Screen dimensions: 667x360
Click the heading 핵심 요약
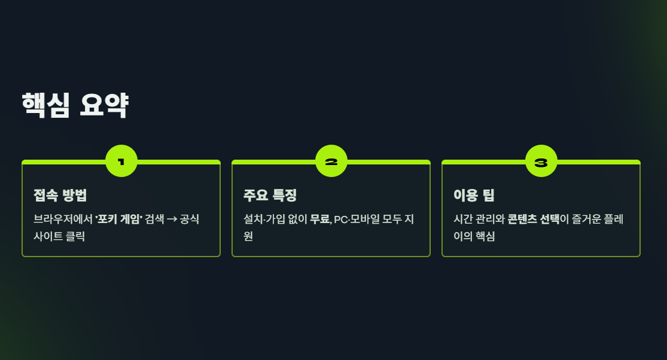coord(75,106)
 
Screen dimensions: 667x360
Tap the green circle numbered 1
coord(121,161)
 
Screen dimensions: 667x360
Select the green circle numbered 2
coord(331,161)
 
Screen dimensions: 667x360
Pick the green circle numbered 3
coord(541,161)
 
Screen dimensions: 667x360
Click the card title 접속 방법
coord(60,195)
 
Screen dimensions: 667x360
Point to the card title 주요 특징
coord(270,195)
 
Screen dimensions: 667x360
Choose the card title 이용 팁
coord(474,195)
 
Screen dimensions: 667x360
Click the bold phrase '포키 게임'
coord(118,219)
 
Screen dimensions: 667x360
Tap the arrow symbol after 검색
coord(171,219)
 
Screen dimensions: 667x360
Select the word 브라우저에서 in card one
coord(63,219)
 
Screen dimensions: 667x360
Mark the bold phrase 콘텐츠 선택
coord(534,219)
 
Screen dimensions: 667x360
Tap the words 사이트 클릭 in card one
coord(59,236)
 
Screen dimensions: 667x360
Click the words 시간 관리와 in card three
coord(479,219)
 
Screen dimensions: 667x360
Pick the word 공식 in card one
coord(190,219)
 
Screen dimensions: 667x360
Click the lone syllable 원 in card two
coord(248,236)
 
